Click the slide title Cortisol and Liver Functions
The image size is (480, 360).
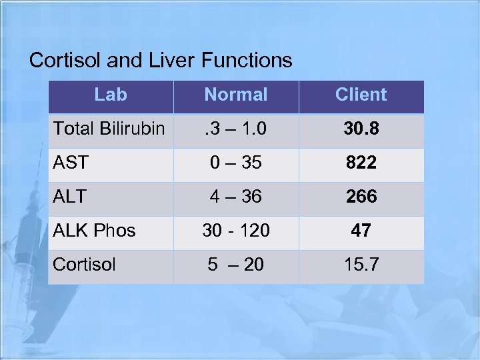click(161, 61)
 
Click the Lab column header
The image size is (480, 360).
click(111, 95)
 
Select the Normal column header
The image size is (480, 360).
click(236, 95)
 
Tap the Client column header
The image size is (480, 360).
click(361, 95)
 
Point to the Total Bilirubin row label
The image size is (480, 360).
click(109, 128)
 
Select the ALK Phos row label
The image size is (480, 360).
click(94, 231)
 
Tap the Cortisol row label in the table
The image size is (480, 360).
click(84, 265)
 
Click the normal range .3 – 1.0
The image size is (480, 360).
click(236, 129)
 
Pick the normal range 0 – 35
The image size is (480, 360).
click(236, 163)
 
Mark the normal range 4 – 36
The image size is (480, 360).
click(236, 197)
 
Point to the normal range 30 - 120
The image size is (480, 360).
click(236, 231)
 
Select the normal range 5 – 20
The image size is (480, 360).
click(236, 265)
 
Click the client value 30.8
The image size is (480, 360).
click(361, 129)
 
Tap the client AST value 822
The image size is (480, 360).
click(361, 163)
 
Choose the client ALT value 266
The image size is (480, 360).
click(361, 197)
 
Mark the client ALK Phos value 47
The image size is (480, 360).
click(361, 231)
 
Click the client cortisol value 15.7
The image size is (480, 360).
click(361, 265)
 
